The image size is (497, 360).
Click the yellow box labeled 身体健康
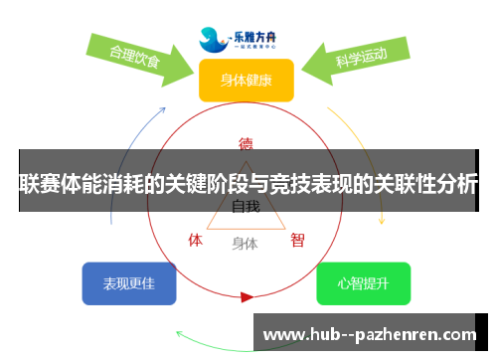(246, 80)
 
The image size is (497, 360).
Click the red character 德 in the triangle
(246, 142)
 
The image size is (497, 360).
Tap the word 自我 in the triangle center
(246, 207)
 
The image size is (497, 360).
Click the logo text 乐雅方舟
(260, 32)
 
